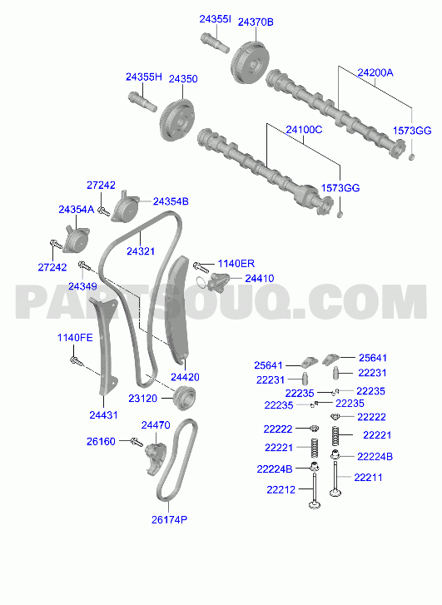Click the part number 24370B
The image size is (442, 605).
click(256, 22)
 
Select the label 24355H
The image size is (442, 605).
click(144, 77)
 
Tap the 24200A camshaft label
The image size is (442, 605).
click(375, 72)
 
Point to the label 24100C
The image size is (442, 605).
click(304, 130)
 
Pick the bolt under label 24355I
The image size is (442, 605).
click(215, 42)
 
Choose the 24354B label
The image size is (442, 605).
click(171, 201)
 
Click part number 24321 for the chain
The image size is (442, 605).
click(141, 251)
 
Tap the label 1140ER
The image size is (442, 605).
click(236, 264)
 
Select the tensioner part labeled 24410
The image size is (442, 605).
click(219, 281)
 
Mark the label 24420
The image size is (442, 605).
click(185, 377)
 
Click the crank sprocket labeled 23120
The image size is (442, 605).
click(185, 398)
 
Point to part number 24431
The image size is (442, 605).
click(103, 415)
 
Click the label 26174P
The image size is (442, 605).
click(169, 520)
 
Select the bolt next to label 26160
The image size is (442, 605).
click(137, 442)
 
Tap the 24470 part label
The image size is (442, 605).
click(156, 425)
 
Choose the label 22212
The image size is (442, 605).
click(281, 489)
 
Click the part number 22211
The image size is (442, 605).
click(368, 478)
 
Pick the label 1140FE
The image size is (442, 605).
click(75, 338)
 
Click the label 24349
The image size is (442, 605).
click(82, 286)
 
